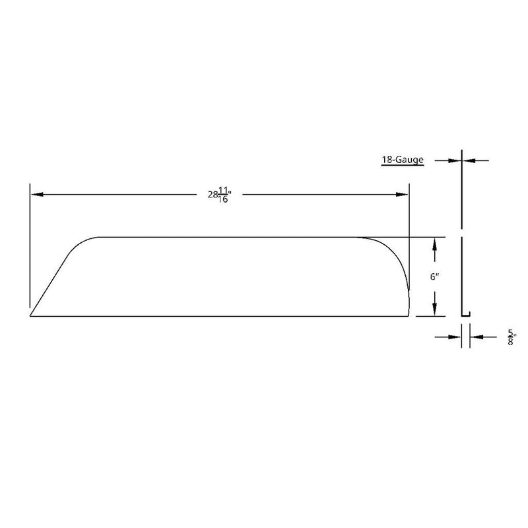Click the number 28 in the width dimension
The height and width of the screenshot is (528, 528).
[x=212, y=195]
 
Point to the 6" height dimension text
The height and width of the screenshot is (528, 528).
[x=434, y=277]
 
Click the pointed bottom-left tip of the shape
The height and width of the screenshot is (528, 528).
[x=31, y=316]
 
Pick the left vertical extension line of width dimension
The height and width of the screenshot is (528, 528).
[x=30, y=251]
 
